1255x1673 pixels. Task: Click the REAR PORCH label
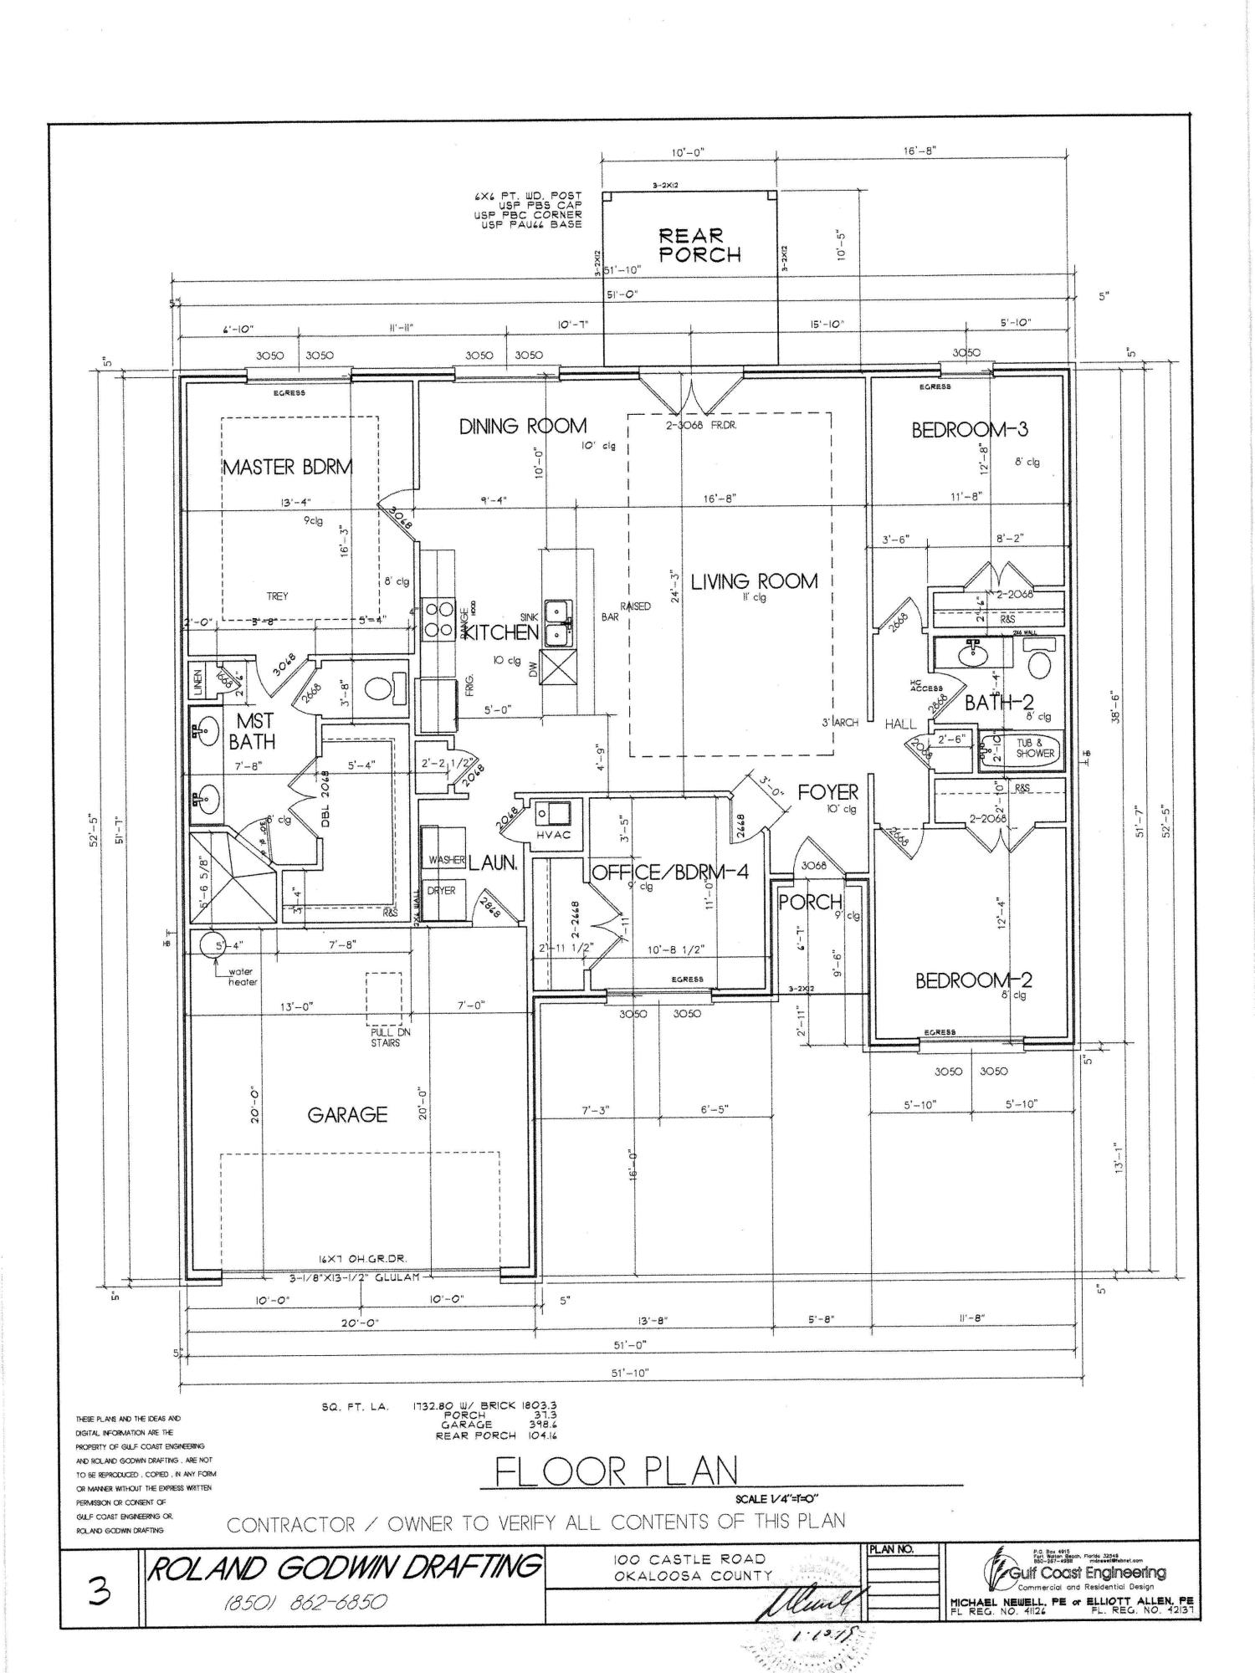[699, 245]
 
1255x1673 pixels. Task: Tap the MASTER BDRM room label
[287, 467]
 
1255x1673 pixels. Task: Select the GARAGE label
[347, 1114]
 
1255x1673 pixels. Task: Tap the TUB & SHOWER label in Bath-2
[1035, 748]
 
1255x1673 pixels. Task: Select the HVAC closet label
[553, 835]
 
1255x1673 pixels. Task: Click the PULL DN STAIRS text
[385, 1037]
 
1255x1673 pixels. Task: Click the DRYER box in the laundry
[441, 890]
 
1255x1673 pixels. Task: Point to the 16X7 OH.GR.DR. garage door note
[361, 1259]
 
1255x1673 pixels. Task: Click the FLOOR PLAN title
[617, 1471]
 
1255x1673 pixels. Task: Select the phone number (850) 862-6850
[305, 1602]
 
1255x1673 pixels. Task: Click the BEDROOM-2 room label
[974, 980]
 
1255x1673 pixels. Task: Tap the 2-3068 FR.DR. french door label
[700, 425]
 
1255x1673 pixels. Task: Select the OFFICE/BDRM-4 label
[670, 872]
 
